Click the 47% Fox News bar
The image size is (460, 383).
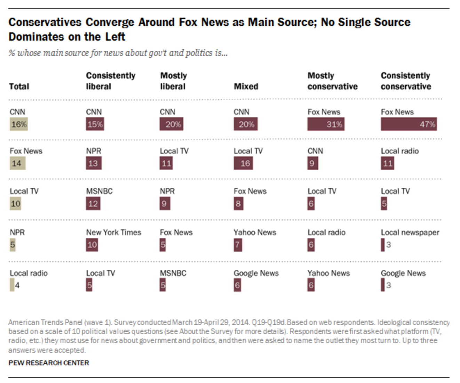point(409,124)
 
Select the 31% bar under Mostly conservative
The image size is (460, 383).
point(326,124)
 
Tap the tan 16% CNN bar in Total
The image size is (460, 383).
point(18,124)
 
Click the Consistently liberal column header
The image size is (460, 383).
point(110,81)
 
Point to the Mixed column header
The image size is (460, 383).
point(246,87)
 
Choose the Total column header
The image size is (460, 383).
point(19,87)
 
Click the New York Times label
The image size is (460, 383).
point(113,233)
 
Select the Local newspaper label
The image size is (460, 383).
point(410,233)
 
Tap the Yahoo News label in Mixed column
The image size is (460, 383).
point(255,233)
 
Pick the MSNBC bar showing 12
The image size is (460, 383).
point(93,204)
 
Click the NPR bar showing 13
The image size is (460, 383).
point(94,163)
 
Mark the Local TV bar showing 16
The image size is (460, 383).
point(243,163)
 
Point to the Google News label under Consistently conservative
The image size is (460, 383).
point(403,273)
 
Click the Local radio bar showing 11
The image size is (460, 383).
point(387,163)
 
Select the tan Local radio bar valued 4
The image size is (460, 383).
point(12,285)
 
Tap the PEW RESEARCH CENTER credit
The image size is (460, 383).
point(49,363)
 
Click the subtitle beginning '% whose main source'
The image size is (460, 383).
point(118,53)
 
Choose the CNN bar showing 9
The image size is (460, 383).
point(312,163)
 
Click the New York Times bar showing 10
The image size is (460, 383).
point(92,245)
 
